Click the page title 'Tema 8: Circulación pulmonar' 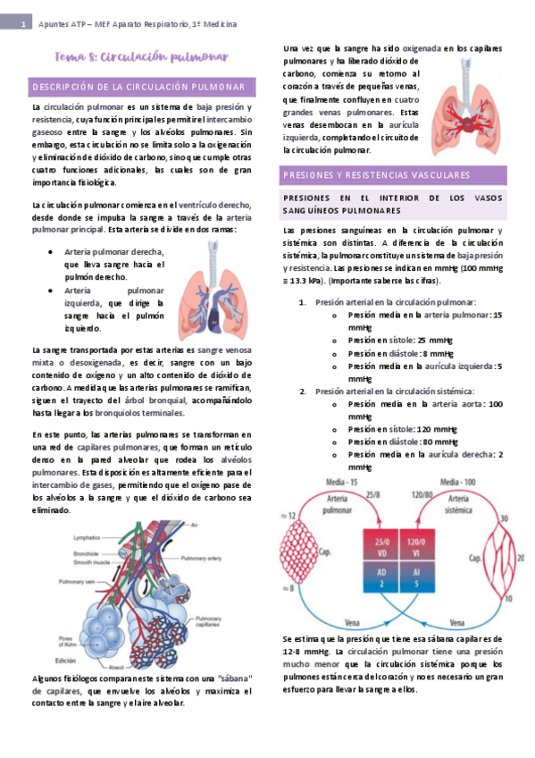(141, 57)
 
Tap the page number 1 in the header (21, 25)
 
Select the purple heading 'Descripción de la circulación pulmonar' (139, 87)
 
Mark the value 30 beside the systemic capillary (503, 518)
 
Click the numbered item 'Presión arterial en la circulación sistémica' (394, 392)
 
